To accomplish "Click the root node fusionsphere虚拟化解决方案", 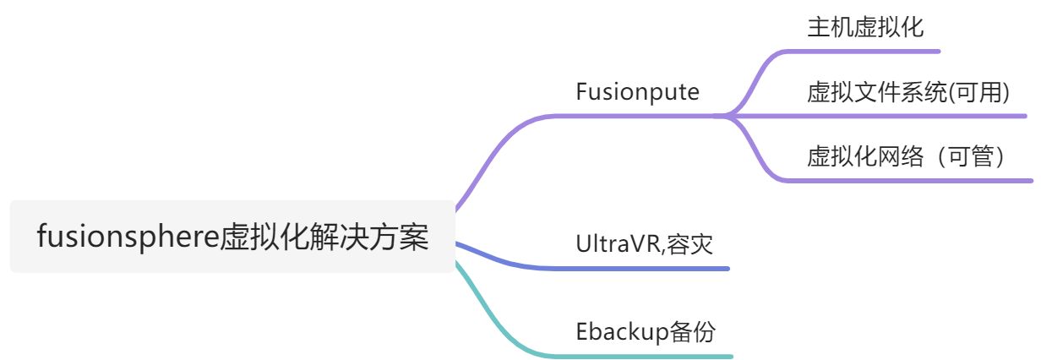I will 232,237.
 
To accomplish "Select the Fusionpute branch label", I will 637,92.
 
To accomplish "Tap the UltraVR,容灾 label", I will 644,244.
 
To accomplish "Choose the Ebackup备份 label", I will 645,331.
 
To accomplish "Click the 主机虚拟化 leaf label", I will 865,28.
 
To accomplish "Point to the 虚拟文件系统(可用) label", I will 908,92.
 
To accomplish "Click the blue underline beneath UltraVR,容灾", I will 642,269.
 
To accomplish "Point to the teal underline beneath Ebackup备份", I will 642,356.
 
